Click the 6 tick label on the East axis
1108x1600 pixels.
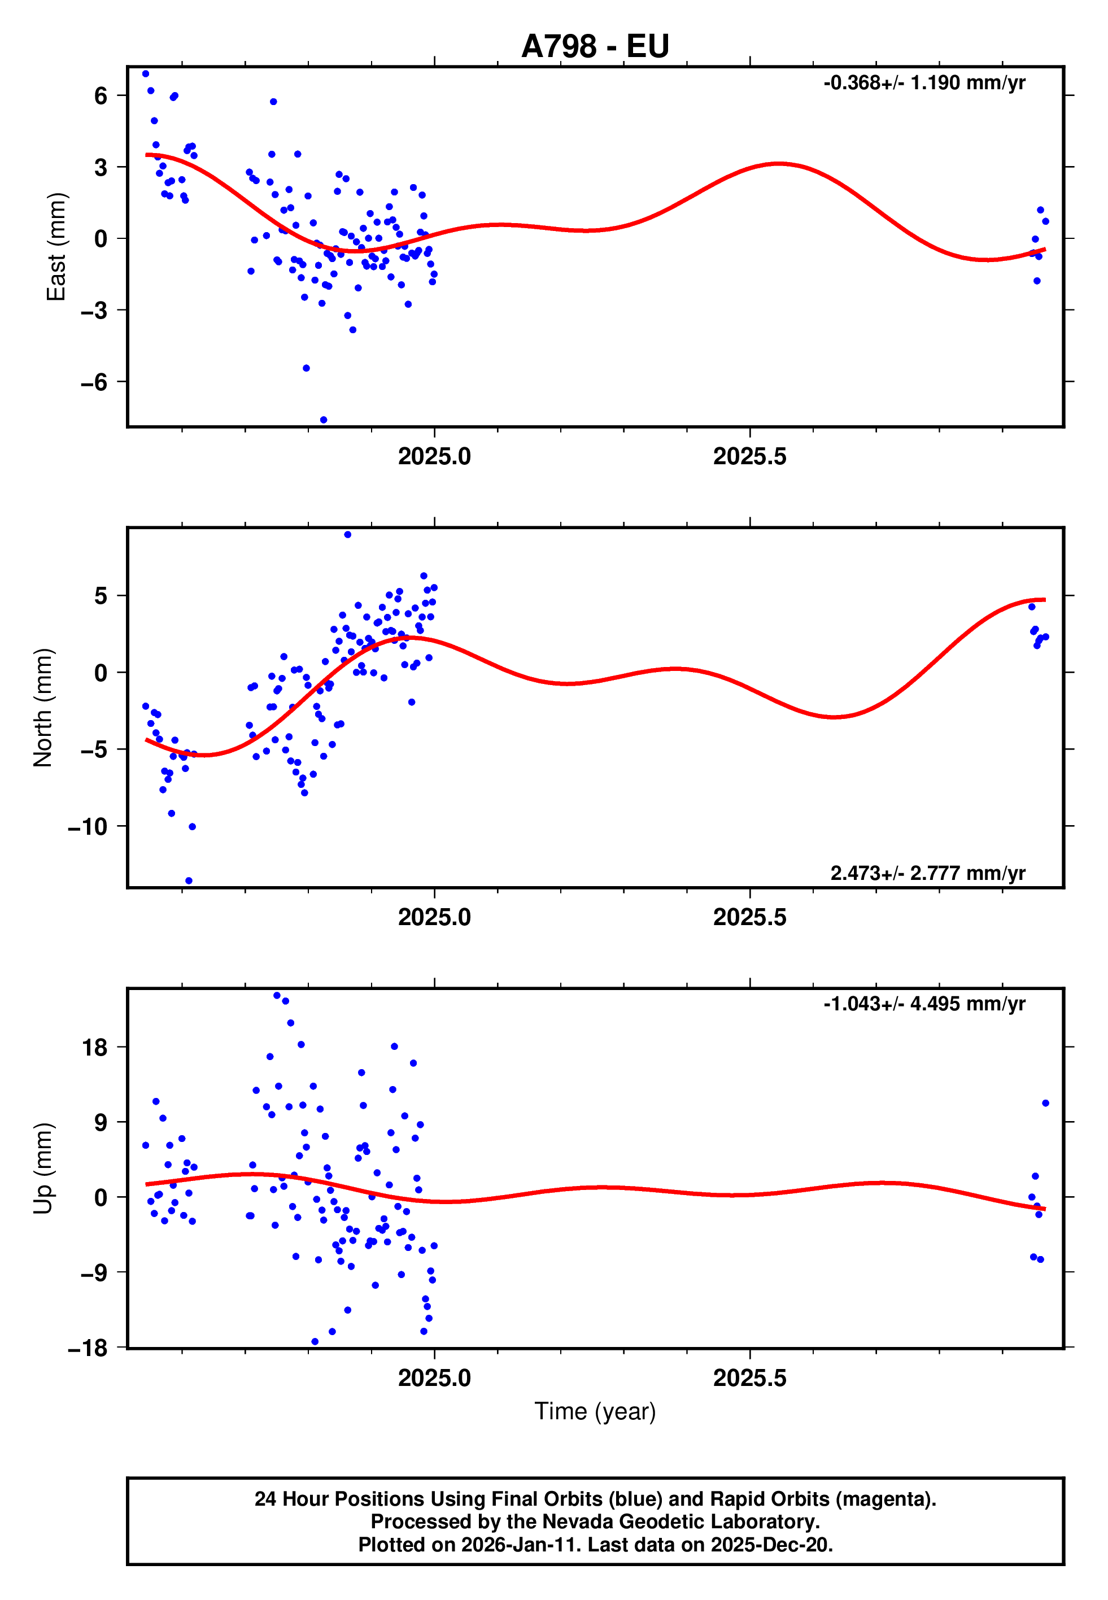pos(101,96)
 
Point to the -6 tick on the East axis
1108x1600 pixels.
pos(94,382)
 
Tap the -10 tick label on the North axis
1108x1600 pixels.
pos(88,827)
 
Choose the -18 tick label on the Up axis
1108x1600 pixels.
pos(88,1348)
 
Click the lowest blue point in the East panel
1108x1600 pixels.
pos(324,420)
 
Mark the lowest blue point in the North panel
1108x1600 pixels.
pos(189,881)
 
